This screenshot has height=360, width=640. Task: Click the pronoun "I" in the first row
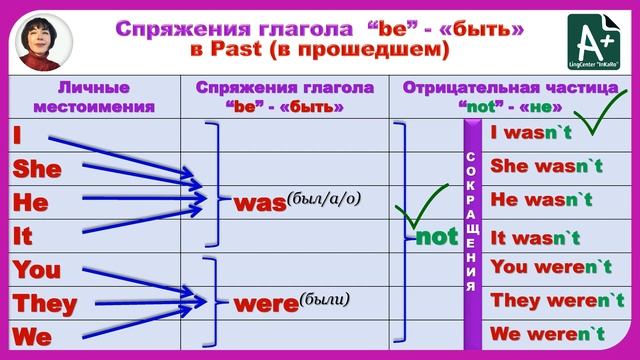click(x=18, y=134)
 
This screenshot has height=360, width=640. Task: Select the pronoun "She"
click(x=37, y=168)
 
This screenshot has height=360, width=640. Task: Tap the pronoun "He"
click(x=30, y=202)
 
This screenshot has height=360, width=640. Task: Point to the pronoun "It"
click(x=25, y=236)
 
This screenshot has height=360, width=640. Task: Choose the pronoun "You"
click(x=38, y=270)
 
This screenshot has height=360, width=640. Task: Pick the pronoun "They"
click(x=45, y=303)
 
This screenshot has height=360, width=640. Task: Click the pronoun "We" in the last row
click(x=32, y=337)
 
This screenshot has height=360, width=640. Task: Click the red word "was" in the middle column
click(x=259, y=202)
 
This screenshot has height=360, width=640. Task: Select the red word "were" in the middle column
click(x=264, y=301)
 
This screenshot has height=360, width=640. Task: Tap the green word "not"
click(x=436, y=238)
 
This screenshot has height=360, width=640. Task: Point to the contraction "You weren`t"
click(x=551, y=267)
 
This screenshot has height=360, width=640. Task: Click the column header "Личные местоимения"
click(x=92, y=95)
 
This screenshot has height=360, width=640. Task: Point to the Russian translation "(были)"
click(x=324, y=298)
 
